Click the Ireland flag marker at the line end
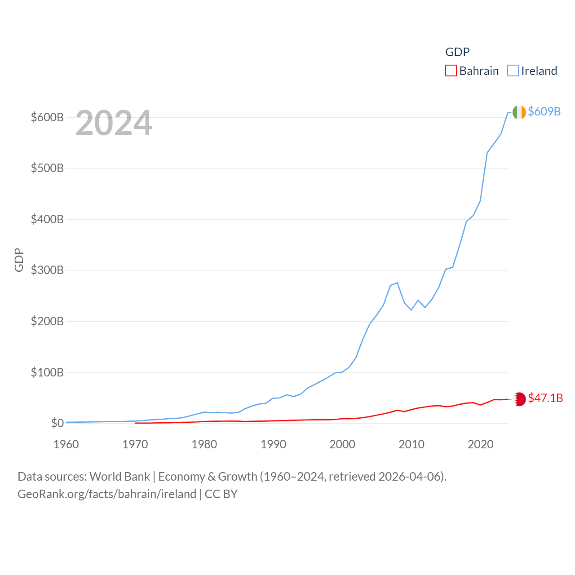[519, 112]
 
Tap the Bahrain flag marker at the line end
[519, 399]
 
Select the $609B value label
[544, 111]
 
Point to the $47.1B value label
[545, 398]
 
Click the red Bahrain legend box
[451, 71]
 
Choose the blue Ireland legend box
[513, 71]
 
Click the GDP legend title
[457, 52]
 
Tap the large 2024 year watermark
[114, 123]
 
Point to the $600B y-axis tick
[47, 117]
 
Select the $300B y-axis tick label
[47, 270]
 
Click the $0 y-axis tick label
[57, 423]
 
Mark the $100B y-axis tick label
[47, 372]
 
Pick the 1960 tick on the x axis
[66, 444]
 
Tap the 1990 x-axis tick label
[273, 444]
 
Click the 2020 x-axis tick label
[480, 444]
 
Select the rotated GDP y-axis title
[19, 260]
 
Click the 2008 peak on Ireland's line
[397, 283]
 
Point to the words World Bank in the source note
[119, 477]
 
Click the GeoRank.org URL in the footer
[107, 494]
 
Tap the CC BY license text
[221, 494]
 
